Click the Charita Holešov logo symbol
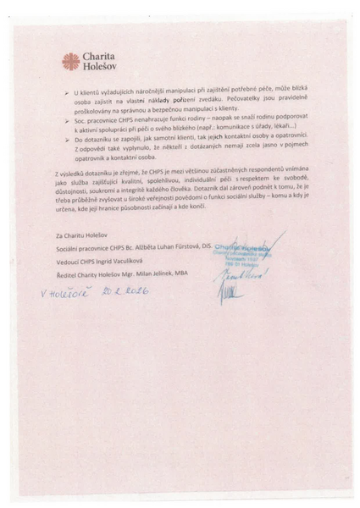click(x=71, y=61)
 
